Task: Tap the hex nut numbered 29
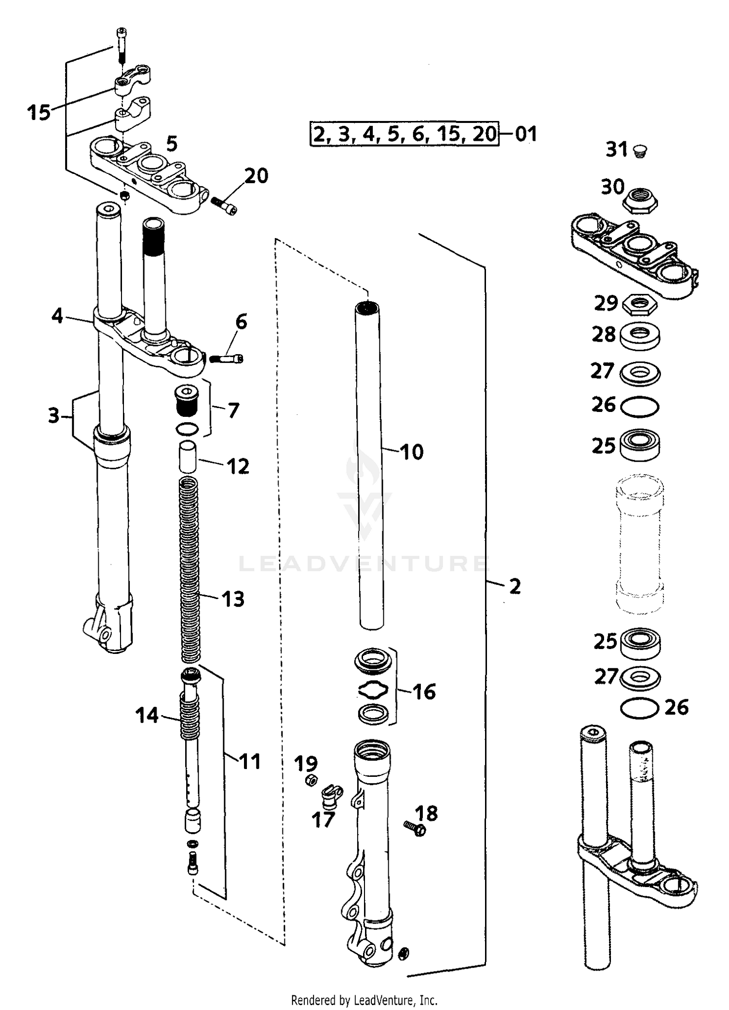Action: tap(640, 305)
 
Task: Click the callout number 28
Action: tap(604, 335)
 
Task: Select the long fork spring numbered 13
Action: tap(190, 568)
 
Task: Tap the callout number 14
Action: tap(146, 716)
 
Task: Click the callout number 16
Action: tap(424, 691)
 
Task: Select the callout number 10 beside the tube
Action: tap(412, 452)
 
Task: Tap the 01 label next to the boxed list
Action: tap(526, 134)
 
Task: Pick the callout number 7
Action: tap(233, 411)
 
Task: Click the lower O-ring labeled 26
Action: tap(640, 708)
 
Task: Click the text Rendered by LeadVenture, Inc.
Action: tap(364, 1000)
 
